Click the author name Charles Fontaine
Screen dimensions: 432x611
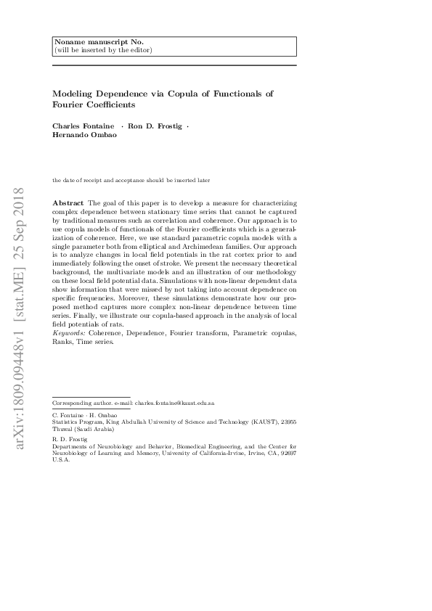pyautogui.click(x=81, y=126)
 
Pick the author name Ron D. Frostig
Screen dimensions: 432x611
pyautogui.click(x=155, y=126)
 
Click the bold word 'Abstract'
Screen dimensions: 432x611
pyautogui.click(x=68, y=201)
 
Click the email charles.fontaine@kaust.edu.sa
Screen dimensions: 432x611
pyautogui.click(x=174, y=402)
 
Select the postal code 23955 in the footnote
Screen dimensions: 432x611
pyautogui.click(x=285, y=421)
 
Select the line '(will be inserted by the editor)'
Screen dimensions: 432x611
pyautogui.click(x=103, y=50)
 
